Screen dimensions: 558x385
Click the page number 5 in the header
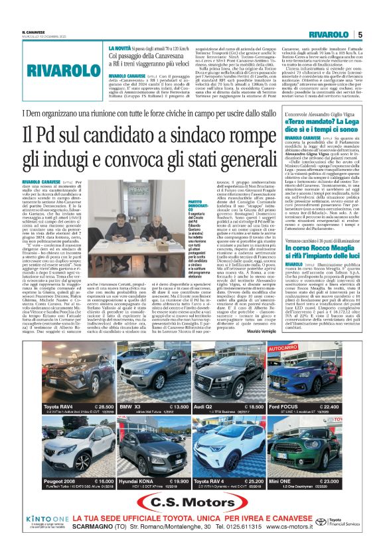click(359, 34)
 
